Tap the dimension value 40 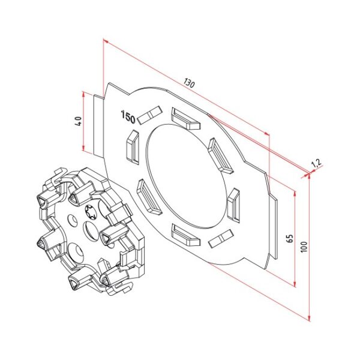(77, 122)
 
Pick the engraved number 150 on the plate (128, 116)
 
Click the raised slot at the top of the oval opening (185, 118)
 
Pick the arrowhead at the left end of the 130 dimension (105, 41)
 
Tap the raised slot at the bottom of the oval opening (185, 235)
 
